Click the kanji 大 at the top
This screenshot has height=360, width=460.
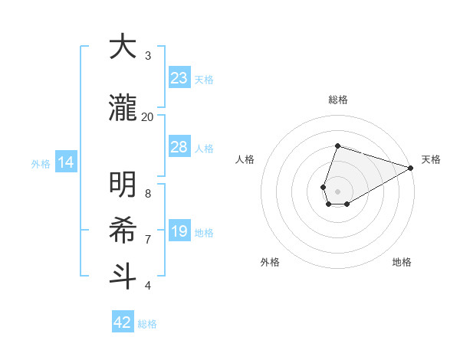[x=123, y=47]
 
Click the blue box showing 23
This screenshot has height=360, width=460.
[x=179, y=78]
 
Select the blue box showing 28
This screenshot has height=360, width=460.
[x=179, y=147]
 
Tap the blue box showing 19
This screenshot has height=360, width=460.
[x=179, y=232]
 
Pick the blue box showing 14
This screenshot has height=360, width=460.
[x=65, y=162]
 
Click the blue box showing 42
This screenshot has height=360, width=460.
[x=123, y=322]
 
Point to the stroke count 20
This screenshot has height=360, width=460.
[x=147, y=116]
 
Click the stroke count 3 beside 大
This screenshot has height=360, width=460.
[x=148, y=56]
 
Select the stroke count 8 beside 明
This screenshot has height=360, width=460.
[x=148, y=193]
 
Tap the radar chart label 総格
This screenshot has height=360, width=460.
[x=338, y=100]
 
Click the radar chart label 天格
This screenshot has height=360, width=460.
[x=431, y=159]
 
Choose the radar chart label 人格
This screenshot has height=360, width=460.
[x=245, y=159]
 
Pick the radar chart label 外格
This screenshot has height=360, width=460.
[x=270, y=263]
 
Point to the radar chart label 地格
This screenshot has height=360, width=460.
[x=402, y=263]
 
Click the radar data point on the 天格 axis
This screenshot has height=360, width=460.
[x=411, y=168]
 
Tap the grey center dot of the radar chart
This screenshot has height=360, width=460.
[x=338, y=190]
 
